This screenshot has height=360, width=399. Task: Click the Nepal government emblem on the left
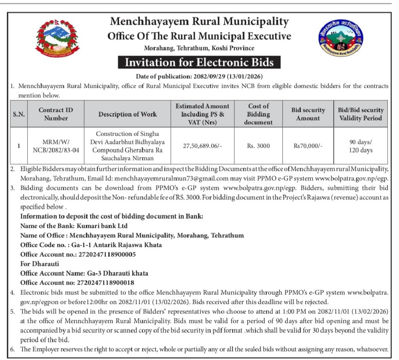click(57, 39)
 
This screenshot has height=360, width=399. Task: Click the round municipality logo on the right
click(340, 39)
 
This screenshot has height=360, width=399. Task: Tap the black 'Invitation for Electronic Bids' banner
click(199, 63)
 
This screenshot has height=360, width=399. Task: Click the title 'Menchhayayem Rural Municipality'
click(199, 21)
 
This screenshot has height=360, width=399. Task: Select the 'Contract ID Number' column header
click(56, 114)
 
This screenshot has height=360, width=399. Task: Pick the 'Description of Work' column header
click(127, 114)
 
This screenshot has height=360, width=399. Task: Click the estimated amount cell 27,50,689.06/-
click(202, 146)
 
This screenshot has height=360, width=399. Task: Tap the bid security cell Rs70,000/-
click(308, 146)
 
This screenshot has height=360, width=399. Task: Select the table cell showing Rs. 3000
click(259, 146)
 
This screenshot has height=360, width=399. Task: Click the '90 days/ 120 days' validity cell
click(360, 146)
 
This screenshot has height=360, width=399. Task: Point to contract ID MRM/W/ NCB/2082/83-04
click(56, 146)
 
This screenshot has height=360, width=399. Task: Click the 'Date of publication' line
click(199, 76)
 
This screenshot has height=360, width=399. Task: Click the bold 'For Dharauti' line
click(40, 263)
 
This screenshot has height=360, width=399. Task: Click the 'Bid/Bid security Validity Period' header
click(360, 114)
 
